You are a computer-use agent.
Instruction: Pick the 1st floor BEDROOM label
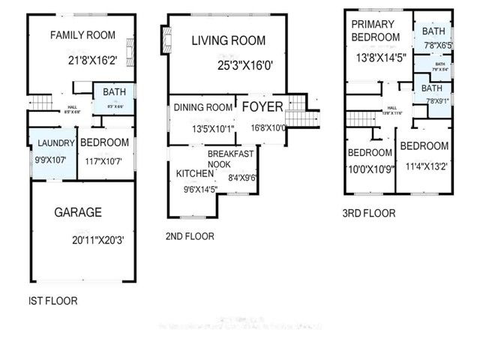coord(104,142)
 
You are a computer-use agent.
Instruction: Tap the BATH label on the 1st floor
coord(113,93)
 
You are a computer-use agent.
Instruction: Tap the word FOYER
coord(262,106)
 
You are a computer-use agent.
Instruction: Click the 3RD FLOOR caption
coord(368,214)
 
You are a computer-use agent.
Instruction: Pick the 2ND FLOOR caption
coord(190,236)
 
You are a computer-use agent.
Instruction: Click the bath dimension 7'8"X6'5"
coord(433,46)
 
